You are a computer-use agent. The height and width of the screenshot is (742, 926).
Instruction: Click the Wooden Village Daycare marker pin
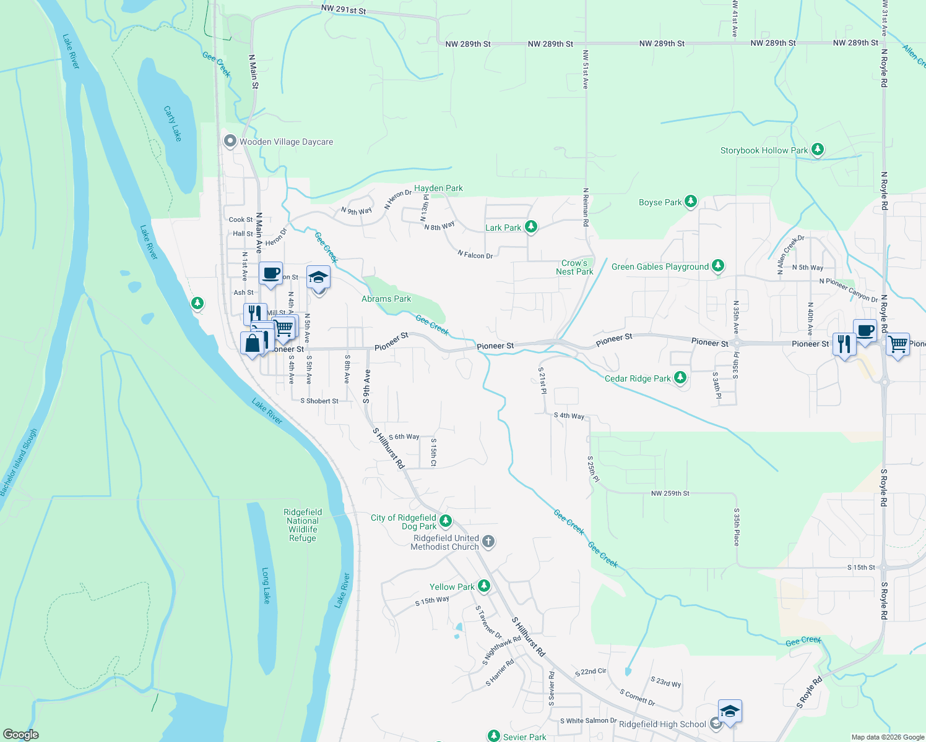230,142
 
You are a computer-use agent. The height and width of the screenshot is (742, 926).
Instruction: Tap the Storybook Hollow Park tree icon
818,150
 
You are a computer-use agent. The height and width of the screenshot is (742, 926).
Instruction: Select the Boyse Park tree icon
691,202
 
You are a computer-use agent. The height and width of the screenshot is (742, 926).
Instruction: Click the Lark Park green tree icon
530,227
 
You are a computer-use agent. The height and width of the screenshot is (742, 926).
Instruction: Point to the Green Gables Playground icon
717,266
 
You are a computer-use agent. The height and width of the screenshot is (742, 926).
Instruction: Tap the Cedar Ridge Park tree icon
680,378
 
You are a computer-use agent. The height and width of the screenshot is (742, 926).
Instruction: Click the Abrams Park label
386,299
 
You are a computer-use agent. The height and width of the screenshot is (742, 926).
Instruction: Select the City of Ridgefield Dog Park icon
445,521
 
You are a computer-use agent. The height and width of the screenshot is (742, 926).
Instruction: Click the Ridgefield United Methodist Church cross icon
488,542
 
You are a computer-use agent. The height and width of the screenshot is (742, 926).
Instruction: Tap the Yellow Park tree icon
484,586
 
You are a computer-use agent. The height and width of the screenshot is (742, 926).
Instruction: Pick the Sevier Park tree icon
493,736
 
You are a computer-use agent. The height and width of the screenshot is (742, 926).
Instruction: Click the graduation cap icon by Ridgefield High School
730,712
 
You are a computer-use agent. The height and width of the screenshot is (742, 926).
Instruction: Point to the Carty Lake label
173,123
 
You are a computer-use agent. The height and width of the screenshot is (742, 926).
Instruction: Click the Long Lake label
266,586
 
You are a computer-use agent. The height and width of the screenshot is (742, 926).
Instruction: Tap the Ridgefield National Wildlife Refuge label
303,525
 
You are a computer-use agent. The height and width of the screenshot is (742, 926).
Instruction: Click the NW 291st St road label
344,11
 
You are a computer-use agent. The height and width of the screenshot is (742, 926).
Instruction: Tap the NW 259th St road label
670,493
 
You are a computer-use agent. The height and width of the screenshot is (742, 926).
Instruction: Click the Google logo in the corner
20,735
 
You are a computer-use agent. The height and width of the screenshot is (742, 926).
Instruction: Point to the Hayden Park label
438,188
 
